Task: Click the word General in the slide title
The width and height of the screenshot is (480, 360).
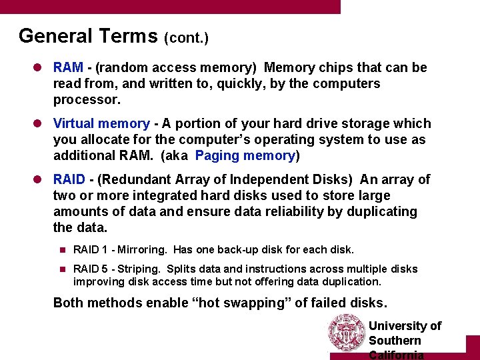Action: pyautogui.click(x=55, y=35)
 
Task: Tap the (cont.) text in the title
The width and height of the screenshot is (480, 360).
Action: pyautogui.click(x=186, y=38)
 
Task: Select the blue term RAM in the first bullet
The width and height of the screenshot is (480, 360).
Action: pyautogui.click(x=68, y=67)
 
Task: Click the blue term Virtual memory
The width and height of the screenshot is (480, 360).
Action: pyautogui.click(x=101, y=123)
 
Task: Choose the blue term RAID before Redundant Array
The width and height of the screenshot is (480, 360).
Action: pyautogui.click(x=69, y=179)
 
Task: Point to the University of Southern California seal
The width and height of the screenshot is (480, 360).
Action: pyautogui.click(x=347, y=333)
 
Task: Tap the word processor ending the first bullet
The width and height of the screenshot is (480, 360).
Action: pyautogui.click(x=87, y=99)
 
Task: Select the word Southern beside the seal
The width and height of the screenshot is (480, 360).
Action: pyautogui.click(x=395, y=341)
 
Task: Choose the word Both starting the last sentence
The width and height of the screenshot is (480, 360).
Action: pyautogui.click(x=68, y=303)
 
